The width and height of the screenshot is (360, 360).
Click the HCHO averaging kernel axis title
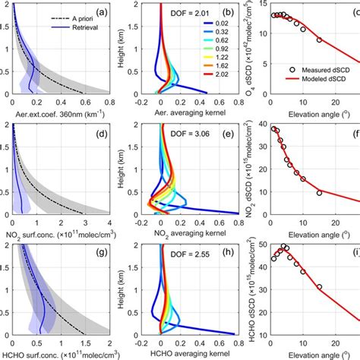[182, 354]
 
